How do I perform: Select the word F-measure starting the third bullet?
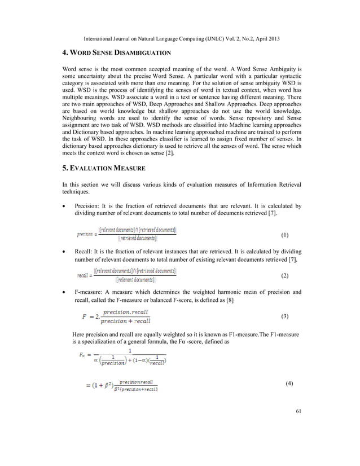[x=91, y=292]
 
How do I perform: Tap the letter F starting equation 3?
[x=85, y=316]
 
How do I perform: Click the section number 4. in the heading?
[x=64, y=52]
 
